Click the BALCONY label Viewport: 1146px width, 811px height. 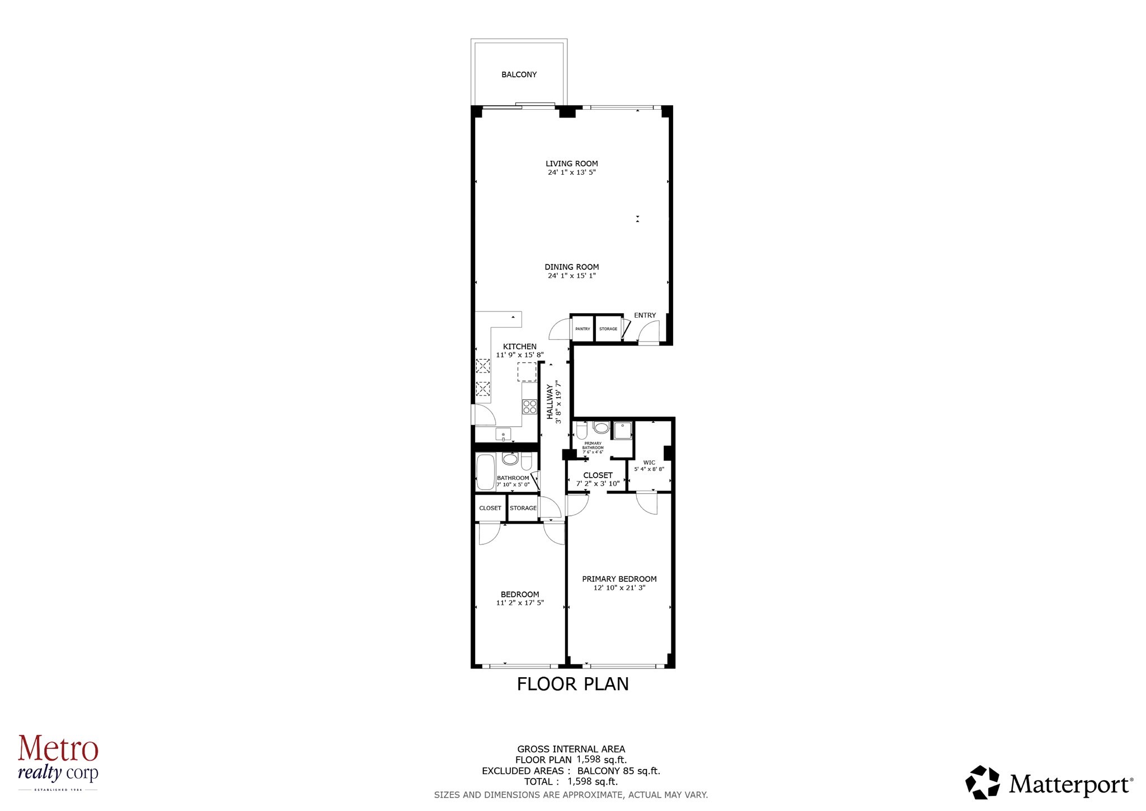(519, 74)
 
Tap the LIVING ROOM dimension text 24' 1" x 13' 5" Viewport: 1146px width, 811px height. (571, 173)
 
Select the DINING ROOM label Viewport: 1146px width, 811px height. (571, 267)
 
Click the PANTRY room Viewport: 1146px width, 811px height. (582, 329)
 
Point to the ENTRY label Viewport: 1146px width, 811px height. (645, 315)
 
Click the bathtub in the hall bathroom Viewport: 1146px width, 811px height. (485, 472)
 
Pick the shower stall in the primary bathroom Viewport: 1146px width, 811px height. (622, 430)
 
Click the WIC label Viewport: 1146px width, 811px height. (649, 463)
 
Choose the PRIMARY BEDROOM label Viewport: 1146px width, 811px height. (619, 579)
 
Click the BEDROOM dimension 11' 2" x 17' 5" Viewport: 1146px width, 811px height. (519, 603)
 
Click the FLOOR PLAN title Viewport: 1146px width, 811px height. (572, 684)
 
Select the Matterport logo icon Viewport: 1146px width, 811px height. (983, 782)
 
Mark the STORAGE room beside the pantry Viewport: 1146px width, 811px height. (608, 329)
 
